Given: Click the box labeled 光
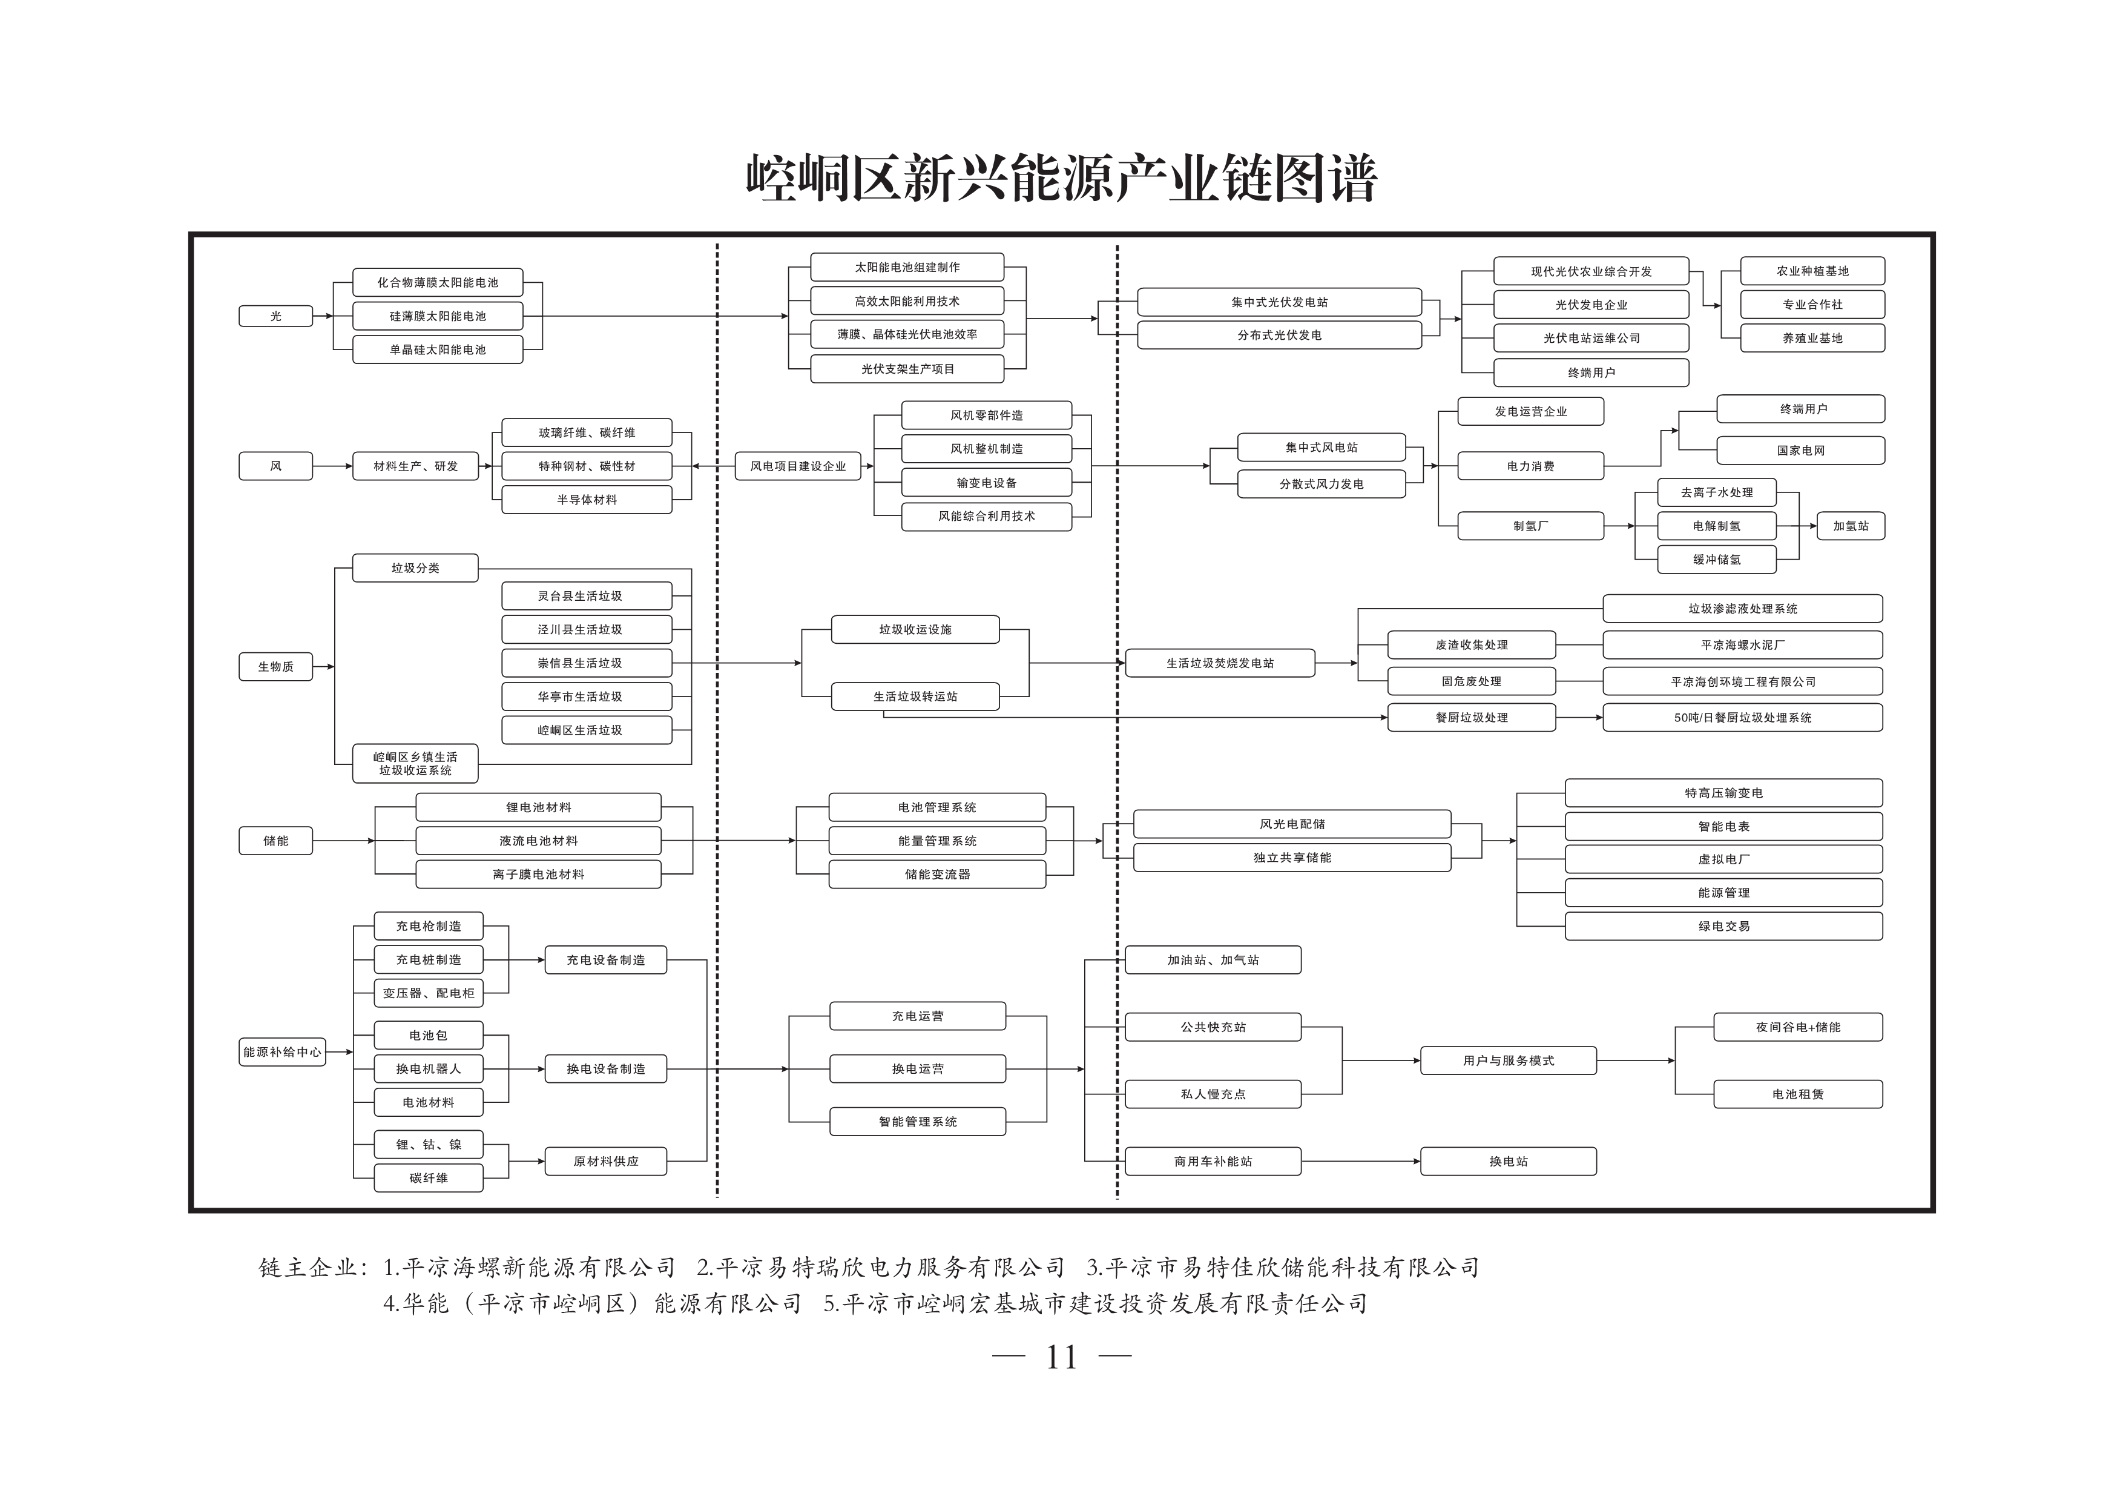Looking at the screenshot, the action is click(x=275, y=316).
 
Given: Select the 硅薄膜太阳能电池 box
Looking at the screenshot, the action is click(x=437, y=316).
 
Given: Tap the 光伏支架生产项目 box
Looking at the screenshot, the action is click(x=907, y=369).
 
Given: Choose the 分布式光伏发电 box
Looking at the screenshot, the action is click(x=1279, y=335).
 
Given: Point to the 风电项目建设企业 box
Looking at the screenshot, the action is click(x=798, y=466).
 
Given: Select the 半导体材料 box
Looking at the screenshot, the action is click(x=586, y=500).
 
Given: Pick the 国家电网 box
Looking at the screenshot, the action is click(x=1800, y=451).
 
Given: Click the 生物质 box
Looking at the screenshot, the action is click(x=275, y=667).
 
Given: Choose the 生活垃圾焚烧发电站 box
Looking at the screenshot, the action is click(x=1220, y=663).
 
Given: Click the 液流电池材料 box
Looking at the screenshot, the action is click(x=538, y=841).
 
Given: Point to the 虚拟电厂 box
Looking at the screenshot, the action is click(x=1723, y=859).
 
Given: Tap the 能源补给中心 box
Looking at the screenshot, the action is click(x=282, y=1051).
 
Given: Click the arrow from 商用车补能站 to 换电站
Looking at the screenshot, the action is click(x=1361, y=1162).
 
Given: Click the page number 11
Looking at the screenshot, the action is click(x=1062, y=1357).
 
